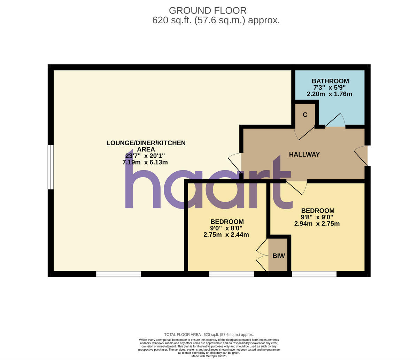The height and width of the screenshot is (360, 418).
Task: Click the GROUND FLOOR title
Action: click(208, 10)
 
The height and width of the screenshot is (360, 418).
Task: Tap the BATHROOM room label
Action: click(330, 81)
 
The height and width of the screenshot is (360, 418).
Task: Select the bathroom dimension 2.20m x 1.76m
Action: click(329, 94)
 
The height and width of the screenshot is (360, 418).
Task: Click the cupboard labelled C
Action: click(305, 115)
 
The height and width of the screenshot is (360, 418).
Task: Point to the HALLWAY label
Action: click(304, 155)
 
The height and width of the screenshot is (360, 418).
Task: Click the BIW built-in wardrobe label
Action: click(279, 256)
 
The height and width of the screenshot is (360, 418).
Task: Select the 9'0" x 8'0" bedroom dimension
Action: click(226, 228)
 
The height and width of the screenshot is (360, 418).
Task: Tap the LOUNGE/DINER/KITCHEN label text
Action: click(146, 143)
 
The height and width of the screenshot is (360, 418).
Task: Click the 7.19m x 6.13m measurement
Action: click(145, 162)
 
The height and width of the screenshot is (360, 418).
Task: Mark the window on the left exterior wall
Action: click(51, 167)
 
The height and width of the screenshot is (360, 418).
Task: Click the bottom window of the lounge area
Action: click(118, 274)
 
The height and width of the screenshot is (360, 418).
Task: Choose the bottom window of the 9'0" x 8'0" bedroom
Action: click(232, 274)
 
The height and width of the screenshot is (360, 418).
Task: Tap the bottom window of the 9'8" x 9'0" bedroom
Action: click(314, 274)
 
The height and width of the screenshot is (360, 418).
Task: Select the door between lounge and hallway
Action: click(235, 162)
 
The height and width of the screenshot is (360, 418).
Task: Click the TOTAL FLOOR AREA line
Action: click(209, 335)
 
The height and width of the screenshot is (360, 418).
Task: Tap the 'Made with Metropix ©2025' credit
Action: click(209, 356)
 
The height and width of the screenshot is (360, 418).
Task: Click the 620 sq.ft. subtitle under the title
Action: click(216, 20)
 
